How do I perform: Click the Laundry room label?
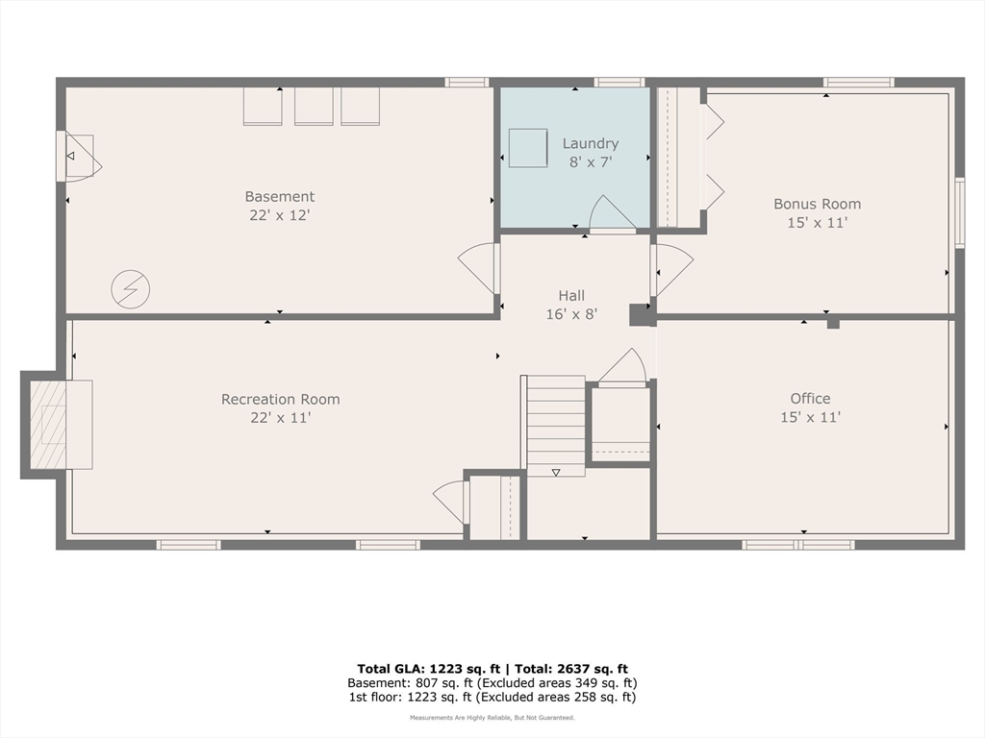pyautogui.click(x=590, y=144)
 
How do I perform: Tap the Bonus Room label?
pyautogui.click(x=817, y=204)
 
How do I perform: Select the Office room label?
pyautogui.click(x=810, y=399)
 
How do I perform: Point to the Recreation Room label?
pyautogui.click(x=280, y=399)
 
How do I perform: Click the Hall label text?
pyautogui.click(x=571, y=296)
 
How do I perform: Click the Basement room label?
pyautogui.click(x=280, y=196)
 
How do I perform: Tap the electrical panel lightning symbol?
pyautogui.click(x=131, y=289)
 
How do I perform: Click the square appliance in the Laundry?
pyautogui.click(x=528, y=148)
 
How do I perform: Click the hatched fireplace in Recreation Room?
pyautogui.click(x=48, y=424)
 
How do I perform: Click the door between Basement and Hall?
pyautogui.click(x=479, y=268)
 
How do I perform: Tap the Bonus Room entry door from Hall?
pyautogui.click(x=672, y=270)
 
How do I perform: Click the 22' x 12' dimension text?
pyautogui.click(x=280, y=215)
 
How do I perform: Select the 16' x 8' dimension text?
pyautogui.click(x=571, y=314)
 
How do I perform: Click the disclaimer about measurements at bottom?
pyautogui.click(x=492, y=717)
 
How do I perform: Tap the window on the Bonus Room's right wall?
pyautogui.click(x=960, y=212)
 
